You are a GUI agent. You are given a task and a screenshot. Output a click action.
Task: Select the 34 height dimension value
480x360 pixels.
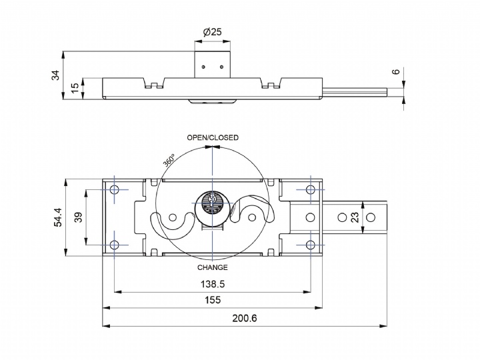point(55,75)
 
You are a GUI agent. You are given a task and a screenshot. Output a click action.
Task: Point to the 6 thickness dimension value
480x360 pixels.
point(395,72)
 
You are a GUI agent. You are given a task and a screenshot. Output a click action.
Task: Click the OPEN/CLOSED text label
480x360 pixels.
point(212,138)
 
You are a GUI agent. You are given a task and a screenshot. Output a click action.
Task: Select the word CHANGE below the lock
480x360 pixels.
point(212,267)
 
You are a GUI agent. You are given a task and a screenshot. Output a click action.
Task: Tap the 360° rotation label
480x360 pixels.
point(169,160)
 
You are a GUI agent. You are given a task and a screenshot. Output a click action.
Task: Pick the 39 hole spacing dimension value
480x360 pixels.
point(78,218)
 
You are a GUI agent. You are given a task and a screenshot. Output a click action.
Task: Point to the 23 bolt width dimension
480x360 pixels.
point(373,217)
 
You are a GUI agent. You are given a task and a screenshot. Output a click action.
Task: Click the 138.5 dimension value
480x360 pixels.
point(212,284)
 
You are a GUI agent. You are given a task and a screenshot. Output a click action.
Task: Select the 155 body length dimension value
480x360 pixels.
point(212,301)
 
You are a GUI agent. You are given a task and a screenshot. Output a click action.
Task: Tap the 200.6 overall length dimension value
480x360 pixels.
point(245,318)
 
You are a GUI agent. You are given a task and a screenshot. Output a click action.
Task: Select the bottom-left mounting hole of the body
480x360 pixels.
point(114,245)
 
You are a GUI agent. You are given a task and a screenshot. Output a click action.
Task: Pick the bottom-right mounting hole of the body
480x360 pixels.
point(310,245)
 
